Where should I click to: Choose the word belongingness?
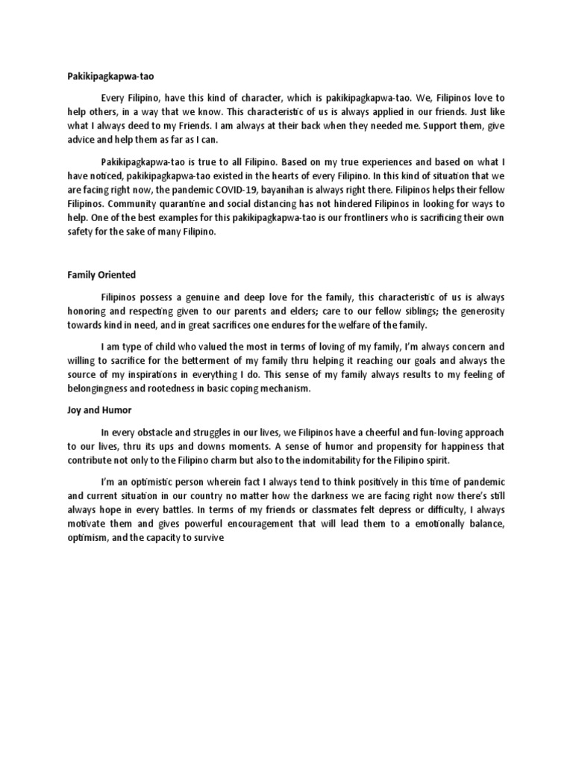[x=101, y=388]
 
